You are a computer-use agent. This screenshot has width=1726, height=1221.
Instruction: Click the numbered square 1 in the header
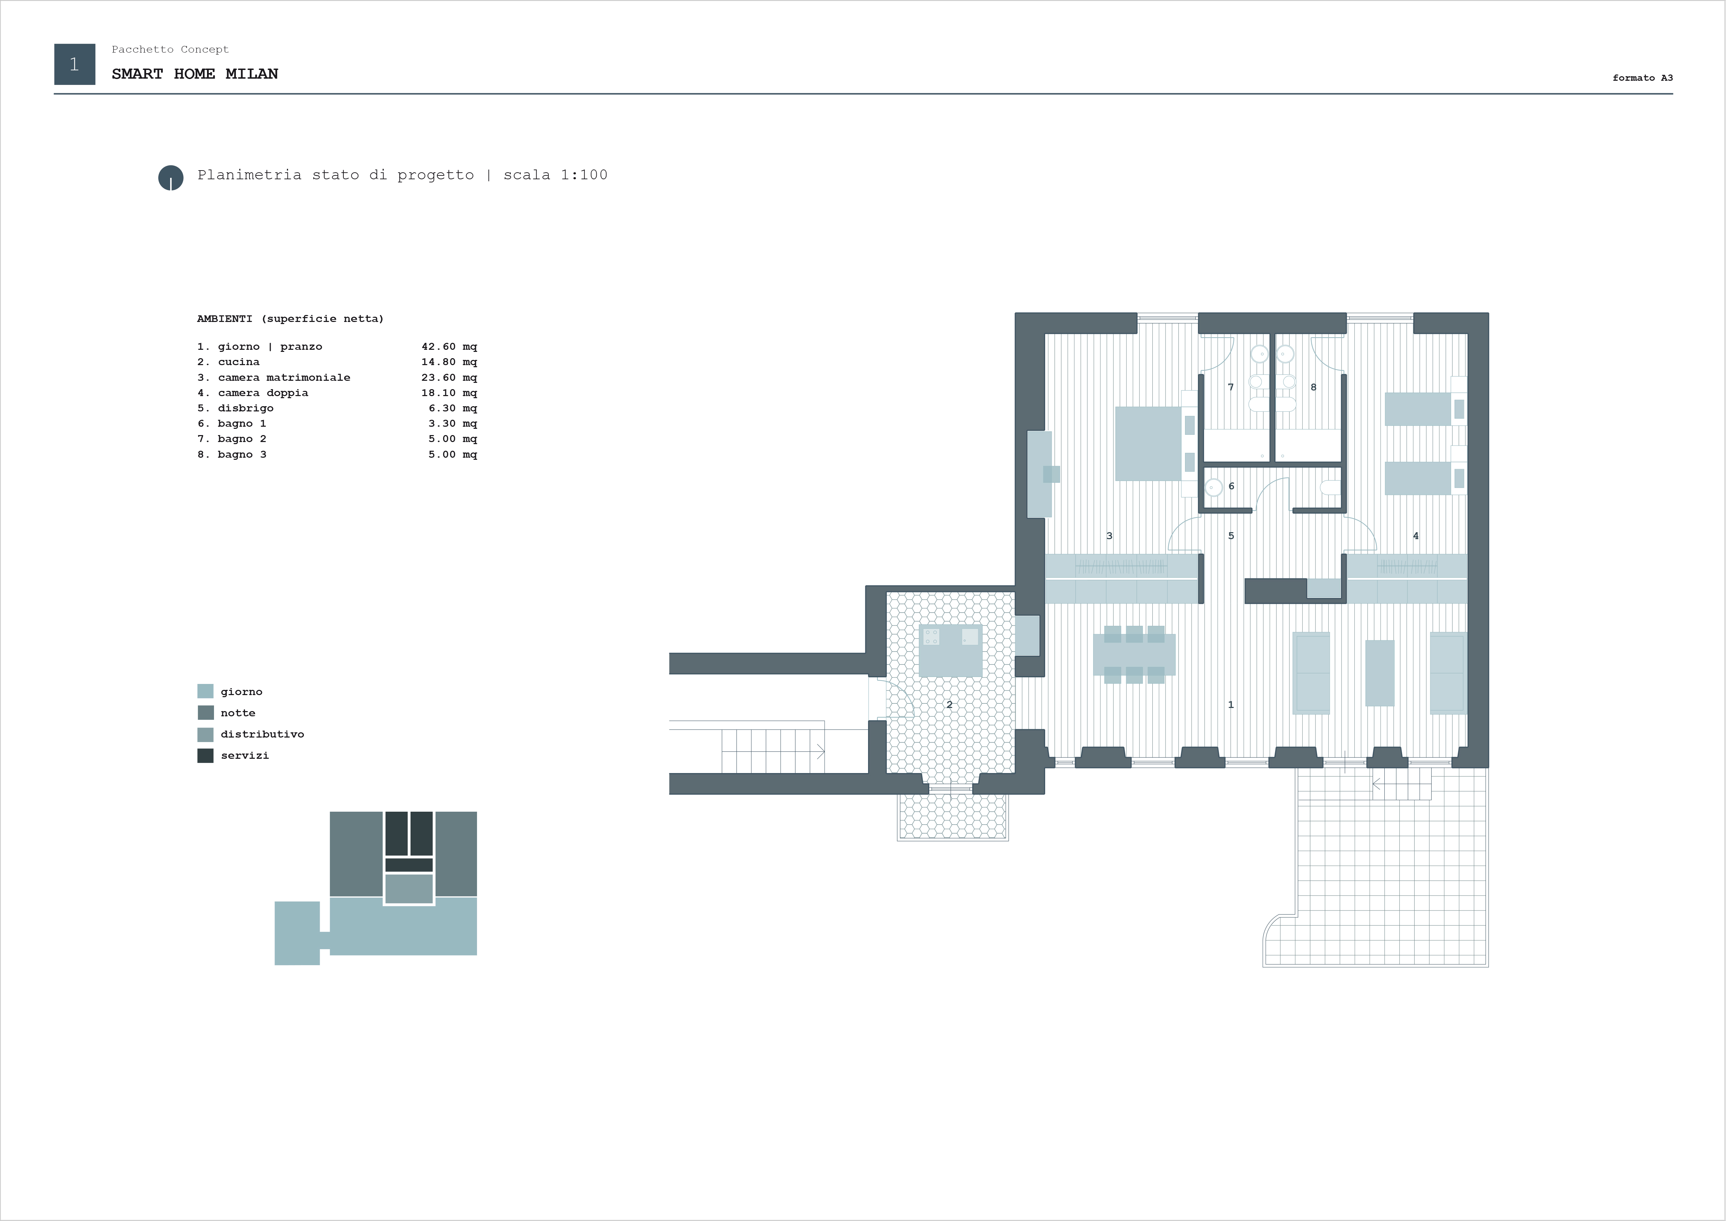[x=74, y=64]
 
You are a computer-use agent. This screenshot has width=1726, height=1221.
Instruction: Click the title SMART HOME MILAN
[x=195, y=74]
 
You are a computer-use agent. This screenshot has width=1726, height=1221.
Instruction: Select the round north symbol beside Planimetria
[x=170, y=178]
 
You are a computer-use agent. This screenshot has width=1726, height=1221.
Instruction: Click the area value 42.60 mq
[x=449, y=347]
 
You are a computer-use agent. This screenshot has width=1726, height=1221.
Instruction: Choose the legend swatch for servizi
[x=205, y=756]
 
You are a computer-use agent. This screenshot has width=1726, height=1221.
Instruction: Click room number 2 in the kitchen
[x=949, y=704]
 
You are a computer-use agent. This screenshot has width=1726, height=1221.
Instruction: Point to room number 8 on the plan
[x=1313, y=387]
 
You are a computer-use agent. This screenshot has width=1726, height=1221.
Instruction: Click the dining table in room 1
[x=1134, y=654]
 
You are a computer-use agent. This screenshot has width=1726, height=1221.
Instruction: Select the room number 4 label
[x=1416, y=536]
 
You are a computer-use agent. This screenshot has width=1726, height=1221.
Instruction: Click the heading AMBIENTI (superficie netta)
[x=290, y=319]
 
